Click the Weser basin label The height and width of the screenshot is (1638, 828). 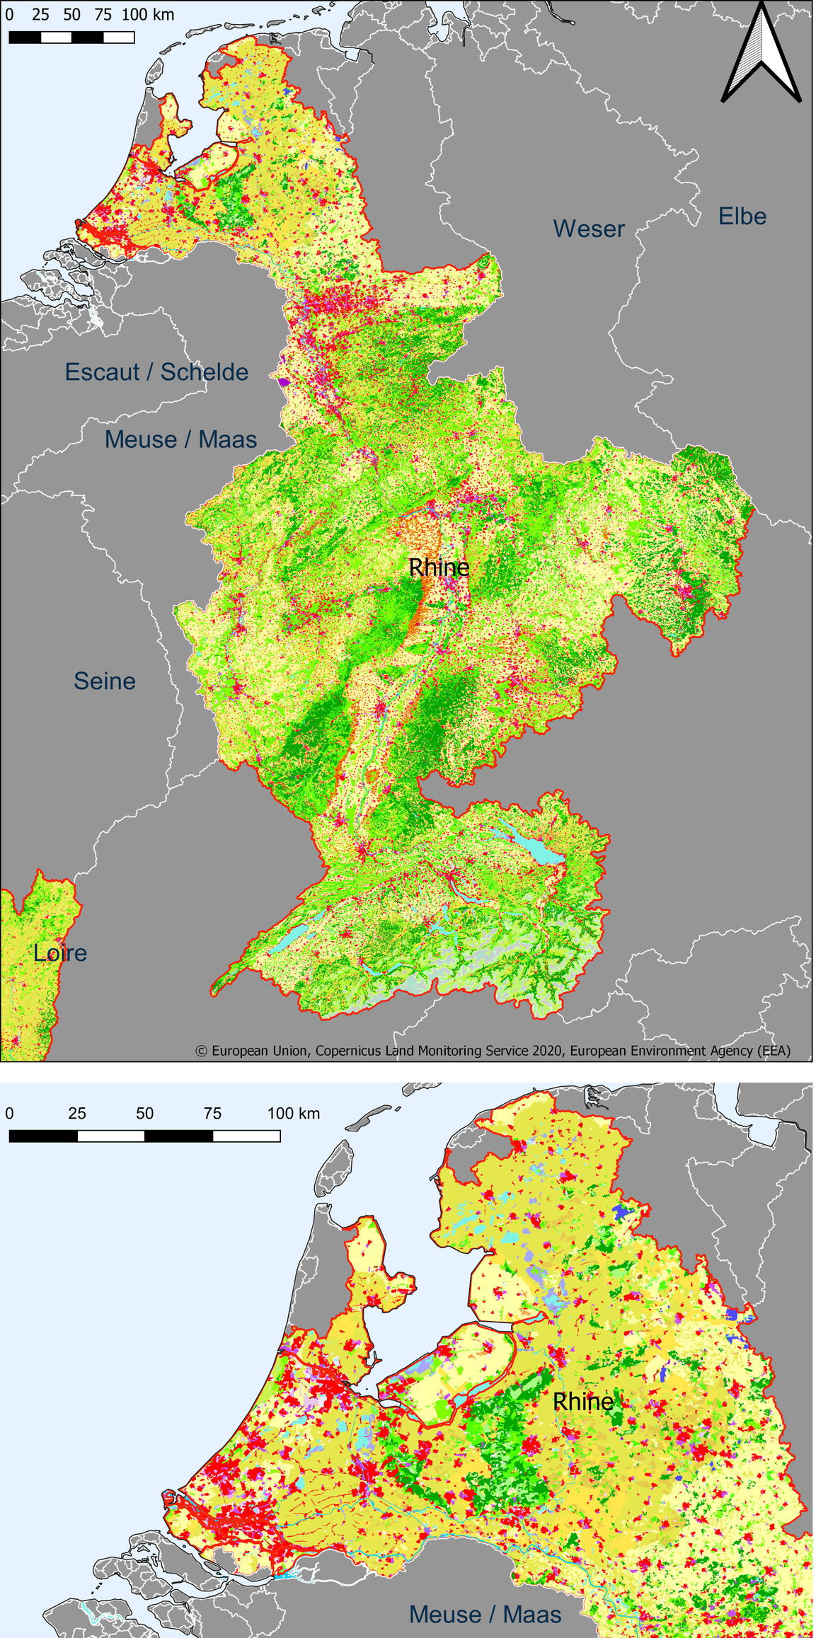tap(589, 229)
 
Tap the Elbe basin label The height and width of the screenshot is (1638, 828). tap(742, 217)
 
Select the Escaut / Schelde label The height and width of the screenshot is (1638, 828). tap(156, 372)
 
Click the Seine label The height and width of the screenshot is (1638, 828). tap(105, 681)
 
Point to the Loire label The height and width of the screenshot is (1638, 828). tap(60, 953)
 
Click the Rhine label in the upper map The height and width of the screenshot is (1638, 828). tap(439, 567)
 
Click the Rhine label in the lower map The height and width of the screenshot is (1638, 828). tap(582, 1402)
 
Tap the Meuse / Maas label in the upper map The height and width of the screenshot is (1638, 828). tap(180, 439)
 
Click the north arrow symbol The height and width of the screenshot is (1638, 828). tap(761, 53)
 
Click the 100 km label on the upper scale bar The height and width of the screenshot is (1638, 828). tap(148, 15)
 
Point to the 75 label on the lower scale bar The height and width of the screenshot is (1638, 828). tap(212, 1114)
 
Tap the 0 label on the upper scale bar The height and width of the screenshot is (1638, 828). tap(9, 15)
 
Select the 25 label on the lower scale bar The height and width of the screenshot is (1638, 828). tap(77, 1114)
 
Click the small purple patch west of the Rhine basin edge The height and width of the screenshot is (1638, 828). tap(284, 383)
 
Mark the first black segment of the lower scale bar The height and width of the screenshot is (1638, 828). tap(43, 1136)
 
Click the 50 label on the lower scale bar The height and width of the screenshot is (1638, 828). tap(144, 1114)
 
